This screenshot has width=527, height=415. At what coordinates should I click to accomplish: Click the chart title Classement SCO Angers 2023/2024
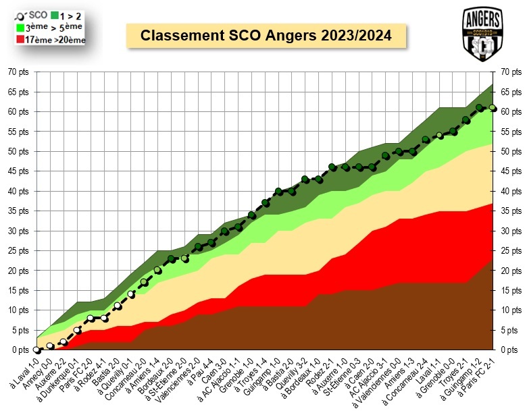[x=266, y=36]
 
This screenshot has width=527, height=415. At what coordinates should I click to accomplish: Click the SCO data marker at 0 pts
[x=37, y=350]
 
